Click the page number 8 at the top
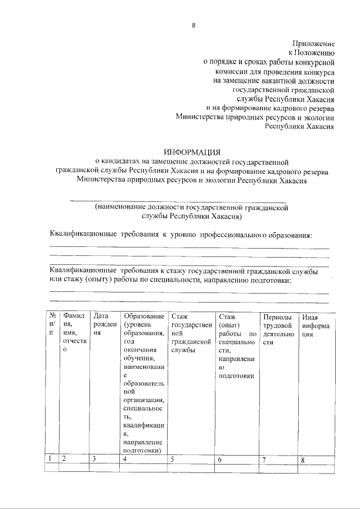point(193,25)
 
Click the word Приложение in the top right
point(313,43)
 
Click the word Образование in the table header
point(144,316)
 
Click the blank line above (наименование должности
point(177,200)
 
